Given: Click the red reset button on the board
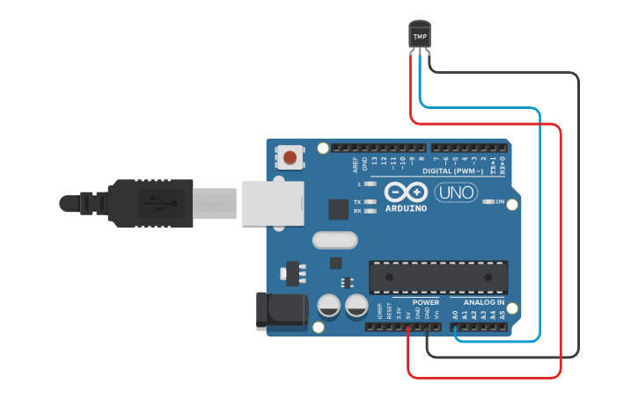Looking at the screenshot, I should click(290, 158).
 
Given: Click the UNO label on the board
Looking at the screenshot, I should click(455, 192).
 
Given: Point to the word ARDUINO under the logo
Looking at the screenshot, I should click(406, 208).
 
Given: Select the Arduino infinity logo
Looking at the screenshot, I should click(405, 192).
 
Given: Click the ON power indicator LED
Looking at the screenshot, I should click(488, 202).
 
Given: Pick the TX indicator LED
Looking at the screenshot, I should click(370, 202).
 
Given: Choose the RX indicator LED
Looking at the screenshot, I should click(370, 212).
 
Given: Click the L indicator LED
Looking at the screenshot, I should click(370, 185).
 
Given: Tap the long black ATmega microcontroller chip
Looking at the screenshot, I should click(438, 277).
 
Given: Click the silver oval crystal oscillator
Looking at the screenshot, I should click(334, 239).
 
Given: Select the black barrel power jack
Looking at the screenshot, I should click(279, 310).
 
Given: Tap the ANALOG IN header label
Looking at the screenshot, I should click(484, 302).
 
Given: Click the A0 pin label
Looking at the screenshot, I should click(455, 314).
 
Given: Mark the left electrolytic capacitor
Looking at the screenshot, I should click(329, 306).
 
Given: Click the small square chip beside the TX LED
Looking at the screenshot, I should click(338, 209).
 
